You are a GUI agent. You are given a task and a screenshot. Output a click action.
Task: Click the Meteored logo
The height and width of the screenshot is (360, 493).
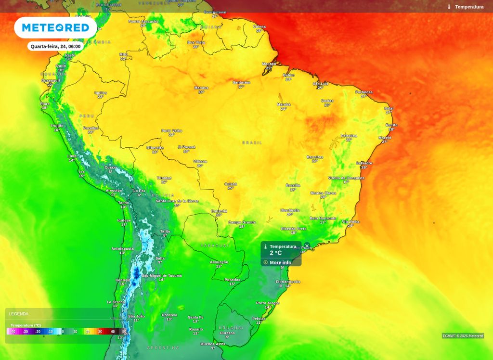[55, 28]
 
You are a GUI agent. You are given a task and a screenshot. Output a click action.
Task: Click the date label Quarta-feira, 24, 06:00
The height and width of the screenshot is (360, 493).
[55, 46]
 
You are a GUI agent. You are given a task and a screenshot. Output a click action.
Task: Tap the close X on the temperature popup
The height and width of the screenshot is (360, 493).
[307, 246]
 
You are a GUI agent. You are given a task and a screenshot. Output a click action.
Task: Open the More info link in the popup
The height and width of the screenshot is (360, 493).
[280, 263]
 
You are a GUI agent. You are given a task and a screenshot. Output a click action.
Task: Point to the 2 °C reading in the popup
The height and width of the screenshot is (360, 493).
[276, 253]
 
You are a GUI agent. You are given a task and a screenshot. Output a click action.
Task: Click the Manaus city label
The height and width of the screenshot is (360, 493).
[201, 88]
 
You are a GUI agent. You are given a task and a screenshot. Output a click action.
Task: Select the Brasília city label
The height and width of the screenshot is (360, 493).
[293, 185]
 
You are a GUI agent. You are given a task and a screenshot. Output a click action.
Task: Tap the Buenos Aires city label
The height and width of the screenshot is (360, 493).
[213, 344]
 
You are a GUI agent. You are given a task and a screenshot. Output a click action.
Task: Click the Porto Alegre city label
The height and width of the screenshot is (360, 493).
[267, 303]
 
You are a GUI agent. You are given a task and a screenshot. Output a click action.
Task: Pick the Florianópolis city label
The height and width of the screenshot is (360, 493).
[287, 282]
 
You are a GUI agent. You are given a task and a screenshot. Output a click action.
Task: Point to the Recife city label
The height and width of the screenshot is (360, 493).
[391, 125]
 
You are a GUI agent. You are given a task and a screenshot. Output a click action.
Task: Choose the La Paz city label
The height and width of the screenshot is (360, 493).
[139, 191]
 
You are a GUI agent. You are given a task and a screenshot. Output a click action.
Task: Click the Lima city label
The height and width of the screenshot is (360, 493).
[72, 156]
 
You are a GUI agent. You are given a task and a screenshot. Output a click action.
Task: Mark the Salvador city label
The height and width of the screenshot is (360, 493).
[364, 163]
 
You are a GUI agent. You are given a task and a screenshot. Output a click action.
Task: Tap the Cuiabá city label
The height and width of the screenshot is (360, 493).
[231, 184]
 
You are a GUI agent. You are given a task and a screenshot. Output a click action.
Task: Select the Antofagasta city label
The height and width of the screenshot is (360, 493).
[122, 248]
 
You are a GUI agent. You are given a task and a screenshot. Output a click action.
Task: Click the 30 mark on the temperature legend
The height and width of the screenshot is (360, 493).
[100, 332]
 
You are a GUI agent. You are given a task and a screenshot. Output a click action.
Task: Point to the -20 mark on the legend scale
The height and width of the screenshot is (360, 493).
[38, 332]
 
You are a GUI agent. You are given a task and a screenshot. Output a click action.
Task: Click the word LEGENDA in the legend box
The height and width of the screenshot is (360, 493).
[19, 314]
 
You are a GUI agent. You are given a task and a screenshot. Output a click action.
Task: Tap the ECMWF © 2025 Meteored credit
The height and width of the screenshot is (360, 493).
[463, 336]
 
